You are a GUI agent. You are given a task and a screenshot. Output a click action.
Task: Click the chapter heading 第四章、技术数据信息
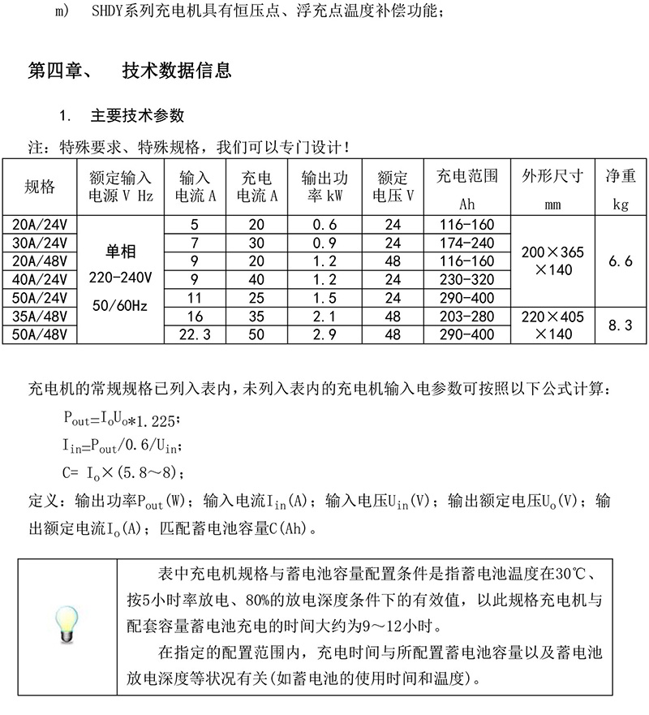pos(130,71)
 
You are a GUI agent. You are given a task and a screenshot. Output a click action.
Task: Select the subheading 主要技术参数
pos(138,115)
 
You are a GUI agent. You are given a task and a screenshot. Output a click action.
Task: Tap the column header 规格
pos(40,187)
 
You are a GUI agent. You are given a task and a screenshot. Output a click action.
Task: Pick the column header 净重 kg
pos(621,187)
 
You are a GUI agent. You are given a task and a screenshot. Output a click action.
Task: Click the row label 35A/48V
pos(40,317)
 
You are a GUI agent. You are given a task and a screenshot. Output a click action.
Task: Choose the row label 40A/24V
pos(40,280)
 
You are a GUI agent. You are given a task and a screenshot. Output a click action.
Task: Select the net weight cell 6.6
pos(621,261)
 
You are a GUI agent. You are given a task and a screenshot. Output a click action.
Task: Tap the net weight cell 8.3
pos(621,325)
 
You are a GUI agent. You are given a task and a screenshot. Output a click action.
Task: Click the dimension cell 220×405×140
pos(553,325)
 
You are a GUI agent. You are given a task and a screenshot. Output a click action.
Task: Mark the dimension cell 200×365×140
pos(553,261)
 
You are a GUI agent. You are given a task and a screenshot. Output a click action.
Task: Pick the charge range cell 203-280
pos(466,317)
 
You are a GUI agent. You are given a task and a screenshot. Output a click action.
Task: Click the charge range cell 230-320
pos(466,280)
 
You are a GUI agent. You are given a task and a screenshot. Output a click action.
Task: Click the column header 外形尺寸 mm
pos(553,187)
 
